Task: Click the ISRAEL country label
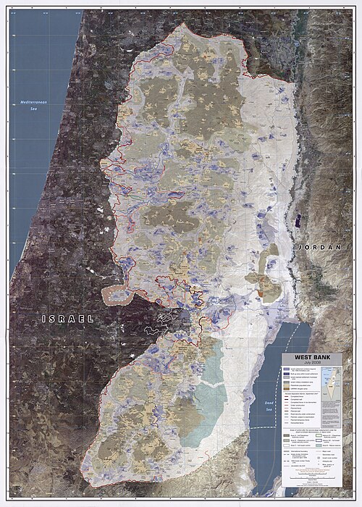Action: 67,319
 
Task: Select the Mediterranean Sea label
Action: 33,104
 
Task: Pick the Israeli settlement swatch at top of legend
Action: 287,369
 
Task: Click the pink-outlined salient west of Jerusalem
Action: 116,295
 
